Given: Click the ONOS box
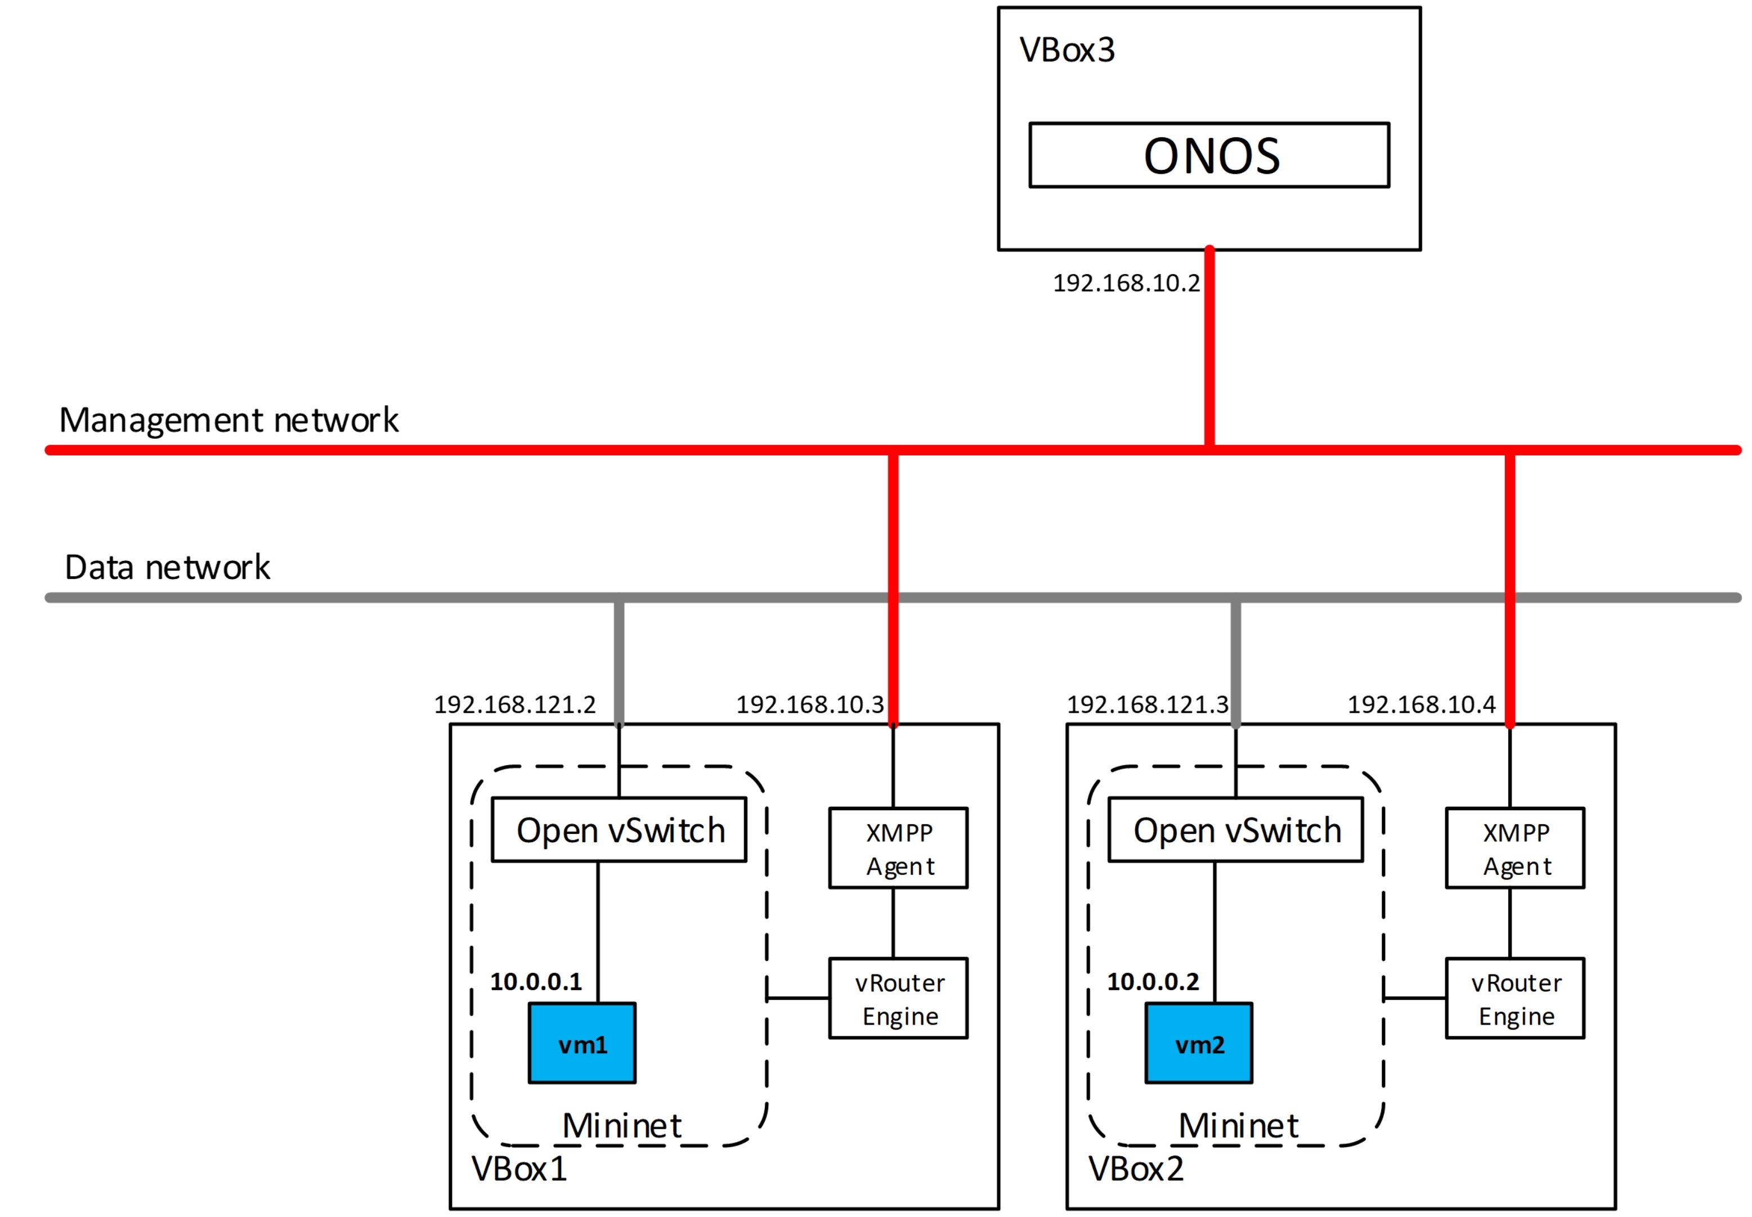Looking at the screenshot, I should click(1208, 155).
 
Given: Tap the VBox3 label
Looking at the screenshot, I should click(1067, 50).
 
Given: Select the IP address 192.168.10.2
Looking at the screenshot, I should click(1126, 284).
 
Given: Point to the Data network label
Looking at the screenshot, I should click(167, 567).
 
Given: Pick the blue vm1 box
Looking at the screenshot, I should click(582, 1043).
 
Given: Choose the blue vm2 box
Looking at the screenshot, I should click(1198, 1043).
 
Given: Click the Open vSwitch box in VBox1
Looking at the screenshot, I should click(619, 830).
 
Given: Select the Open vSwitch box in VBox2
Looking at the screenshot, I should click(1235, 830).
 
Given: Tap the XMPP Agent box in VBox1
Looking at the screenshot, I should click(898, 848).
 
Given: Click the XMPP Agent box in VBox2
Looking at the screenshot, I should click(1515, 848).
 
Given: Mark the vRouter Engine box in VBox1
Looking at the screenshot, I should click(898, 998).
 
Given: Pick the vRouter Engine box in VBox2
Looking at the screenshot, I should click(1515, 998).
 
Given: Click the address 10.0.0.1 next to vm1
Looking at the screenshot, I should click(535, 981).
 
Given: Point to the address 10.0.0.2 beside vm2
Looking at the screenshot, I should click(1153, 981).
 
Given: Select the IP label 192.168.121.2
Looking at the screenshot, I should click(515, 704).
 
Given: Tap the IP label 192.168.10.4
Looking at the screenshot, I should click(1421, 704).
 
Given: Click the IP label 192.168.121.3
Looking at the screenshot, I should click(1147, 704).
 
